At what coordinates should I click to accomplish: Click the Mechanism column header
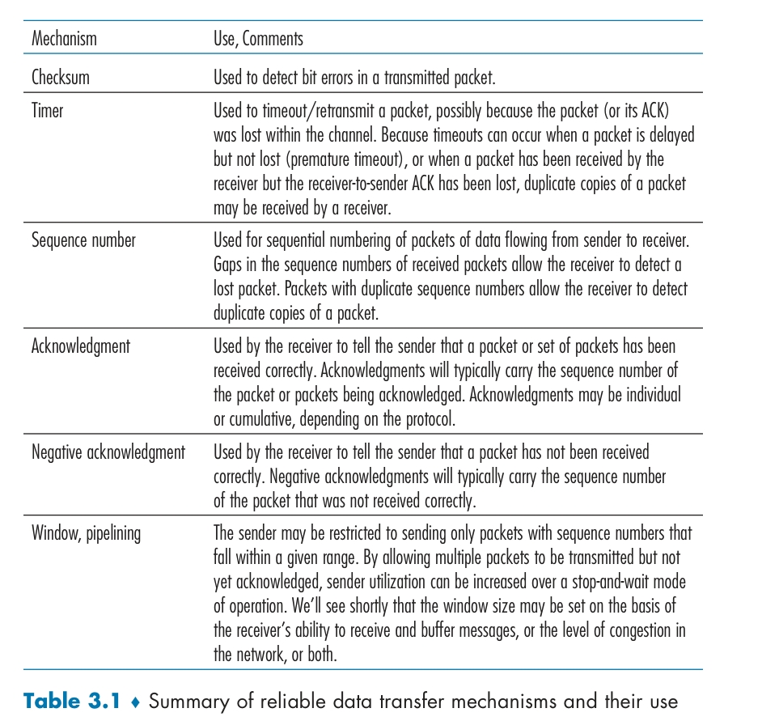pos(64,38)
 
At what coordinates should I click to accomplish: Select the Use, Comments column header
pos(258,39)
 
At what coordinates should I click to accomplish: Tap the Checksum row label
pos(60,78)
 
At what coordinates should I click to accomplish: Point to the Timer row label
pos(47,110)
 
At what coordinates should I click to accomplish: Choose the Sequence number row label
pos(83,240)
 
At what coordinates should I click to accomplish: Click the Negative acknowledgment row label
pos(108,452)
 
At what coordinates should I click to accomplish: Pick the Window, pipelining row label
pos(86,533)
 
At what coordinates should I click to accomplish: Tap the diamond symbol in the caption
pos(137,702)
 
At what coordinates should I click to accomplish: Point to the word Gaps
pos(228,265)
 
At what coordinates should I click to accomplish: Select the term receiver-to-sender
pos(370,184)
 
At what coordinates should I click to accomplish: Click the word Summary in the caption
pos(187,701)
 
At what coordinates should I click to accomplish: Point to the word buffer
pos(442,630)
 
